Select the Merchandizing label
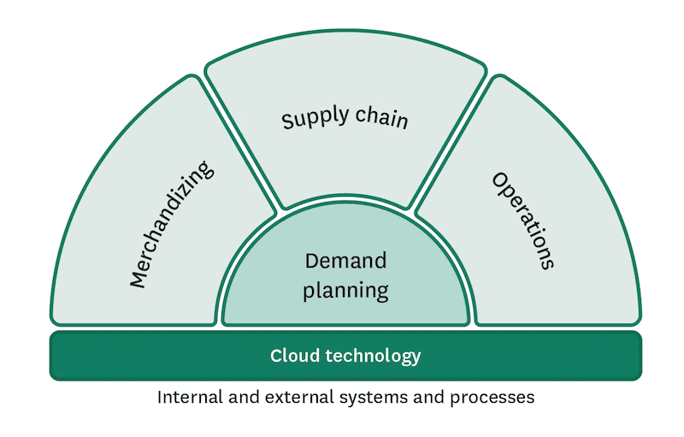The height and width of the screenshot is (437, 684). pyautogui.click(x=172, y=224)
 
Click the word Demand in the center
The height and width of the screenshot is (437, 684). pyautogui.click(x=345, y=261)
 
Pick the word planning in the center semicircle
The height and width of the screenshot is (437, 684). pyautogui.click(x=346, y=289)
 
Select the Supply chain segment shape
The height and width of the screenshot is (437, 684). pyautogui.click(x=345, y=162)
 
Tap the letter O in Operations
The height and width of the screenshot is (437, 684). pyautogui.click(x=499, y=180)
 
